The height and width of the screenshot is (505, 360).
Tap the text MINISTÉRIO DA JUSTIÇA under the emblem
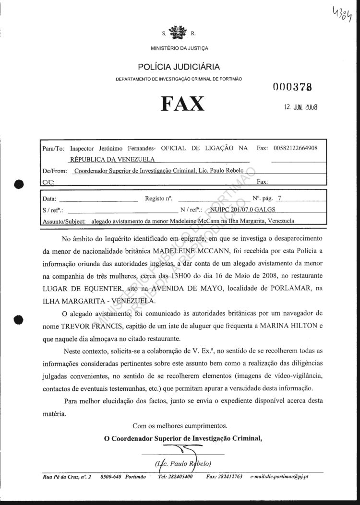[x=179, y=48]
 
